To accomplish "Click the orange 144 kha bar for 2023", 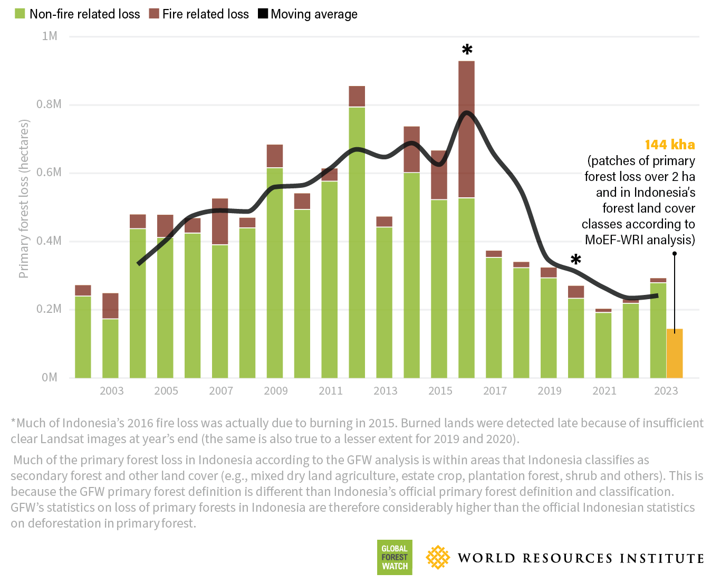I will click(x=675, y=353).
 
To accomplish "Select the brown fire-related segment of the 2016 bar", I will click(x=466, y=129).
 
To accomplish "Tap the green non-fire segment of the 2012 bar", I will click(x=357, y=242).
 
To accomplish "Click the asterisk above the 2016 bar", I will click(x=467, y=50).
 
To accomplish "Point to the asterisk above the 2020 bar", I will click(x=576, y=259).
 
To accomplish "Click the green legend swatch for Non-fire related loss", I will click(x=20, y=14).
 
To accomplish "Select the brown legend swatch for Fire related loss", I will click(x=154, y=14).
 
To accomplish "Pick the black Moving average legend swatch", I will click(x=263, y=14).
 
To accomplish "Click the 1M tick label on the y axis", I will click(x=50, y=36).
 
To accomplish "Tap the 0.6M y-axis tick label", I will click(x=49, y=173).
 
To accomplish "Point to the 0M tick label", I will click(x=50, y=378).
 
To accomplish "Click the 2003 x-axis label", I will click(x=111, y=391).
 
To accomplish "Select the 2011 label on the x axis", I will click(x=331, y=391).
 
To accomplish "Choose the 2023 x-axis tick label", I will click(x=666, y=391).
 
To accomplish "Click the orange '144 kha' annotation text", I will click(x=670, y=145).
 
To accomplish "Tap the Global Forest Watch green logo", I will click(x=395, y=557).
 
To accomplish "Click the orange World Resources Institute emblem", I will click(x=438, y=557).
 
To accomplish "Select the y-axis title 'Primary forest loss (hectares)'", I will click(x=24, y=199).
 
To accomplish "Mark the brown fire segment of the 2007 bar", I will click(x=220, y=222).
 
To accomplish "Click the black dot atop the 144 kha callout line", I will click(x=675, y=254).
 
